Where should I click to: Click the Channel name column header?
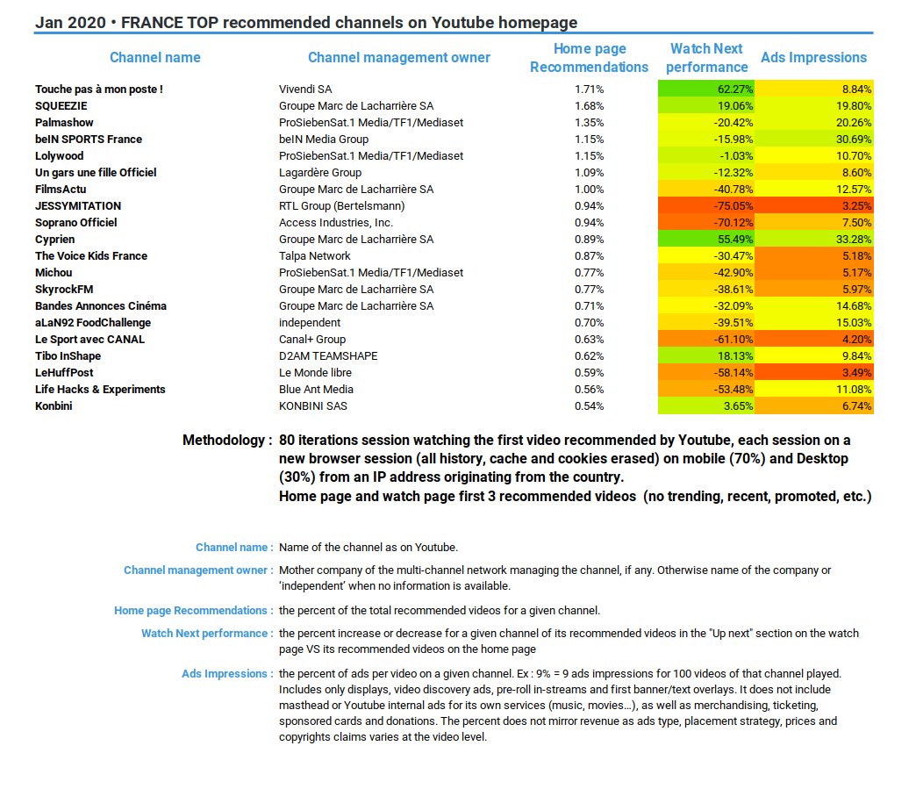coord(154,58)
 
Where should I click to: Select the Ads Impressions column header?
coord(813,58)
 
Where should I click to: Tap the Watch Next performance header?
coord(706,58)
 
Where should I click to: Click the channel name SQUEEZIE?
coord(61,106)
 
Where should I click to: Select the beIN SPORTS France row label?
coord(88,140)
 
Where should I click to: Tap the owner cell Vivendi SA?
coord(305,90)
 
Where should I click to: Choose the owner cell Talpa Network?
coord(314,256)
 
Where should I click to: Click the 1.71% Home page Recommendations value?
coord(589,90)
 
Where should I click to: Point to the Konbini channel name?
coord(54,406)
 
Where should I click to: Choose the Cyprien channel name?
coord(54,240)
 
